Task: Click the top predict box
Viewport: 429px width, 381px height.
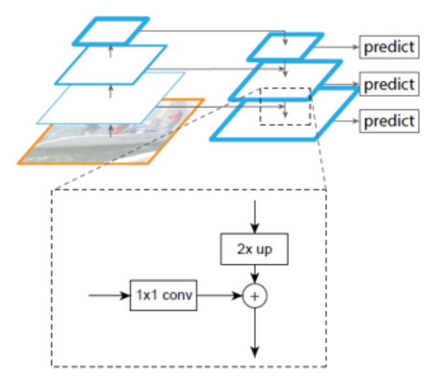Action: (389, 48)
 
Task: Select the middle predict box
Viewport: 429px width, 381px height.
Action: (389, 84)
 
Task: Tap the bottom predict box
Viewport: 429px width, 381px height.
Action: (389, 120)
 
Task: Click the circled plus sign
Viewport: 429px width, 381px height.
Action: (255, 296)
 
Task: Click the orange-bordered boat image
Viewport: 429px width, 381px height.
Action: (78, 147)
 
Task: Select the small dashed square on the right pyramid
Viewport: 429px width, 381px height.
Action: (285, 106)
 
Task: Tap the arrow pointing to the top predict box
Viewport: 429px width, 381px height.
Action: (340, 48)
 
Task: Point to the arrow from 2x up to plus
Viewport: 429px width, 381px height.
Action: (255, 274)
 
